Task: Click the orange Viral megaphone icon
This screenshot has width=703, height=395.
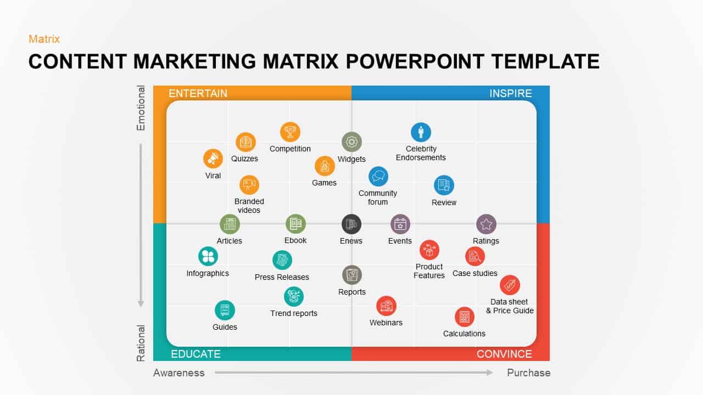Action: pos(213,159)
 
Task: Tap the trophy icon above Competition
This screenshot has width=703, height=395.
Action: pos(290,132)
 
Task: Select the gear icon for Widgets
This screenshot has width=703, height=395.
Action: pos(351,142)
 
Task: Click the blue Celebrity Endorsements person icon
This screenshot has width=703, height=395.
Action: pos(421,132)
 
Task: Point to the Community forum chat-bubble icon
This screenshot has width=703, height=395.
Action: pos(378,177)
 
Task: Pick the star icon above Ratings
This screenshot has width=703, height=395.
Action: pos(486,224)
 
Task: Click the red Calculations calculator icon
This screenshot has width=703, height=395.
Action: pos(464,317)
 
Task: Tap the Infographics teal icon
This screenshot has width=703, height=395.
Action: pos(208,256)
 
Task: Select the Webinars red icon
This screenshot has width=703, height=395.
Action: pos(386,306)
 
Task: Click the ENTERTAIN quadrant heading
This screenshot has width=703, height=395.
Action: pos(198,93)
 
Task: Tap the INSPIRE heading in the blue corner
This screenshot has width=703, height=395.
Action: pos(510,93)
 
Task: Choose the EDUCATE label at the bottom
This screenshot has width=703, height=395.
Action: pos(196,354)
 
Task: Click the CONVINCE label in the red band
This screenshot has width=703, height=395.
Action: pos(504,354)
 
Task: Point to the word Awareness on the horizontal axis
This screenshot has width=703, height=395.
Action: pos(178,373)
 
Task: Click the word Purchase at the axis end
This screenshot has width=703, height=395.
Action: pos(528,373)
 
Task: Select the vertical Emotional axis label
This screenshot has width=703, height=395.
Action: pos(141,108)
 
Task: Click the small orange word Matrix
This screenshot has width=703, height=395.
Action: pos(44,39)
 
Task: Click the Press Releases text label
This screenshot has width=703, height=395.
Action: pos(282,277)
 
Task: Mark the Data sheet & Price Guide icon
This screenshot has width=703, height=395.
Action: pos(510,285)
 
